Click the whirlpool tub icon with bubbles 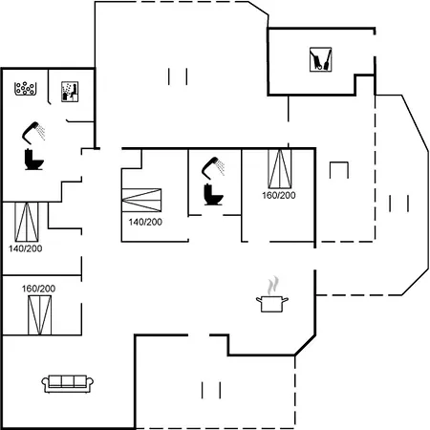pyautogui.click(x=26, y=89)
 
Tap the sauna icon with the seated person pyautogui.click(x=70, y=92)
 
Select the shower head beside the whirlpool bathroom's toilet pyautogui.click(x=33, y=132)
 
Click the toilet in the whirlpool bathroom pyautogui.click(x=33, y=159)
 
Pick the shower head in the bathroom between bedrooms pyautogui.click(x=213, y=167)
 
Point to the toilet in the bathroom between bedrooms pyautogui.click(x=213, y=194)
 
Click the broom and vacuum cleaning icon pyautogui.click(x=321, y=59)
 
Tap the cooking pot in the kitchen pyautogui.click(x=272, y=304)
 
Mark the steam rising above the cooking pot pyautogui.click(x=273, y=286)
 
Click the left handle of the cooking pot pyautogui.click(x=259, y=299)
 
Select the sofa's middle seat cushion pyautogui.click(x=68, y=380)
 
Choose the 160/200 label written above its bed pyautogui.click(x=38, y=289)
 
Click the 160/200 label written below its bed pyautogui.click(x=279, y=195)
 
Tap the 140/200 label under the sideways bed pyautogui.click(x=145, y=222)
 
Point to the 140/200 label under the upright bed pyautogui.click(x=26, y=248)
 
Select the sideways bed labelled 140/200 pyautogui.click(x=141, y=200)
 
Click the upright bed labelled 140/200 pyautogui.click(x=27, y=222)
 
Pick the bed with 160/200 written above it pyautogui.click(x=39, y=315)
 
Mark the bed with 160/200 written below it pyautogui.click(x=280, y=169)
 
